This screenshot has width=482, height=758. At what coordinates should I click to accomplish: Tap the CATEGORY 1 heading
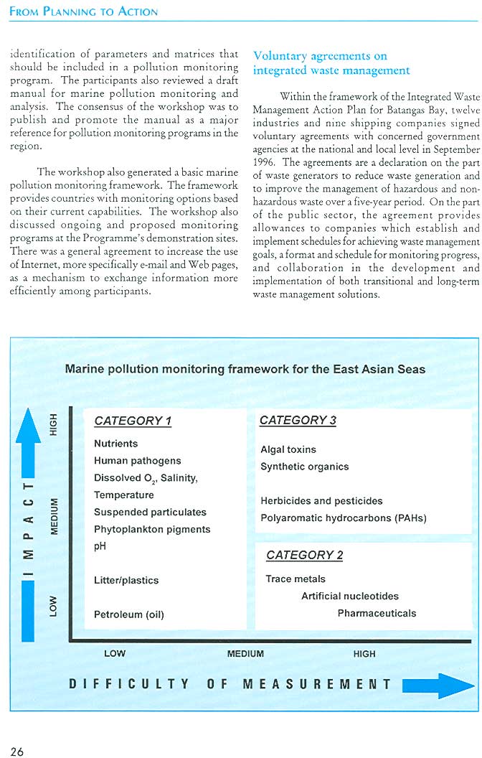(133, 421)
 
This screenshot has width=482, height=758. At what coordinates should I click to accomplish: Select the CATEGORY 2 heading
(304, 555)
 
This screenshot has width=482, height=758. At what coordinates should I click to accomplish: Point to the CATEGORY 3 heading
(298, 421)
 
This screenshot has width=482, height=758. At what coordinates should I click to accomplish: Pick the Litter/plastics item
(126, 580)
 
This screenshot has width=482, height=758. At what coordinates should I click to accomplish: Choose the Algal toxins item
(288, 449)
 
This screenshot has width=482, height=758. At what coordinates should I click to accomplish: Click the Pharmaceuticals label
(377, 613)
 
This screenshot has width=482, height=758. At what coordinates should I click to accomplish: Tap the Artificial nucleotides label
(350, 596)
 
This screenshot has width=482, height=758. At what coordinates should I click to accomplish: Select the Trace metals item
(296, 579)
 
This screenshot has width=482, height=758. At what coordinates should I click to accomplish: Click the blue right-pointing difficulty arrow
(438, 685)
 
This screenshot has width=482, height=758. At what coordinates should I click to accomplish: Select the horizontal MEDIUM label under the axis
(245, 654)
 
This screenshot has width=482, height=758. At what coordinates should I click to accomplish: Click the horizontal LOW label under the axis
(115, 654)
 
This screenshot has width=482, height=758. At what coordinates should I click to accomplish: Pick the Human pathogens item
(138, 461)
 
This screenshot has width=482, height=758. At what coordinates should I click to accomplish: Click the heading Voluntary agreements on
(320, 56)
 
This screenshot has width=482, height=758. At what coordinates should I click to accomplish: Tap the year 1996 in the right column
(266, 162)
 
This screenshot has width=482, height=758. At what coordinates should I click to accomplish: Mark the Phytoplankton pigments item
(152, 529)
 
